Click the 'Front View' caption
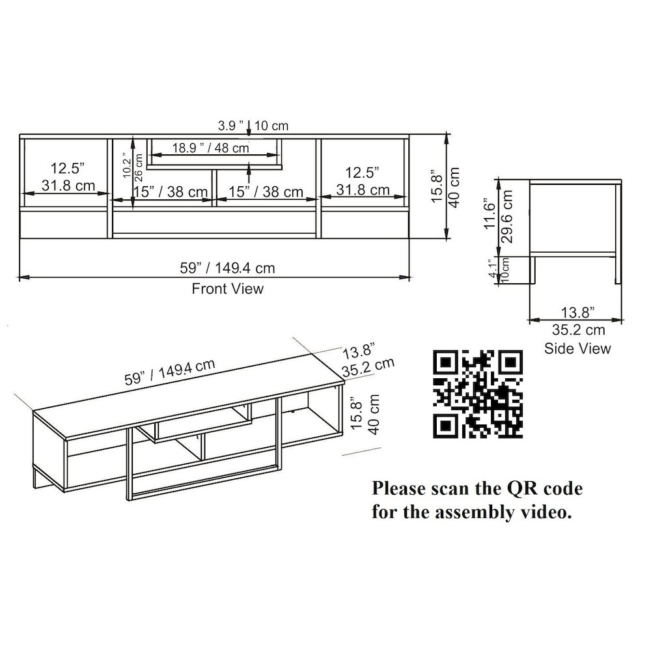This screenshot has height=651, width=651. [x=227, y=288]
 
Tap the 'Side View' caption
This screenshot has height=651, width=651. [x=577, y=348]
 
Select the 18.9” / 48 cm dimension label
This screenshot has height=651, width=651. [x=210, y=148]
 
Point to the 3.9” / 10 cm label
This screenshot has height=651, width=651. [x=253, y=125]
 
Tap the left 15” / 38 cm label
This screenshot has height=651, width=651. [x=171, y=191]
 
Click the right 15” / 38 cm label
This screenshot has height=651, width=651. [x=266, y=191]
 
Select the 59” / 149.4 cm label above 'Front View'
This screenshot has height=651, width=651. [x=227, y=268]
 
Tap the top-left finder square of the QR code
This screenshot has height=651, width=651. [x=446, y=363]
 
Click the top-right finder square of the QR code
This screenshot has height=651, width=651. [x=510, y=363]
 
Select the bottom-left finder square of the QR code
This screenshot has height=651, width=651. [x=446, y=425]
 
